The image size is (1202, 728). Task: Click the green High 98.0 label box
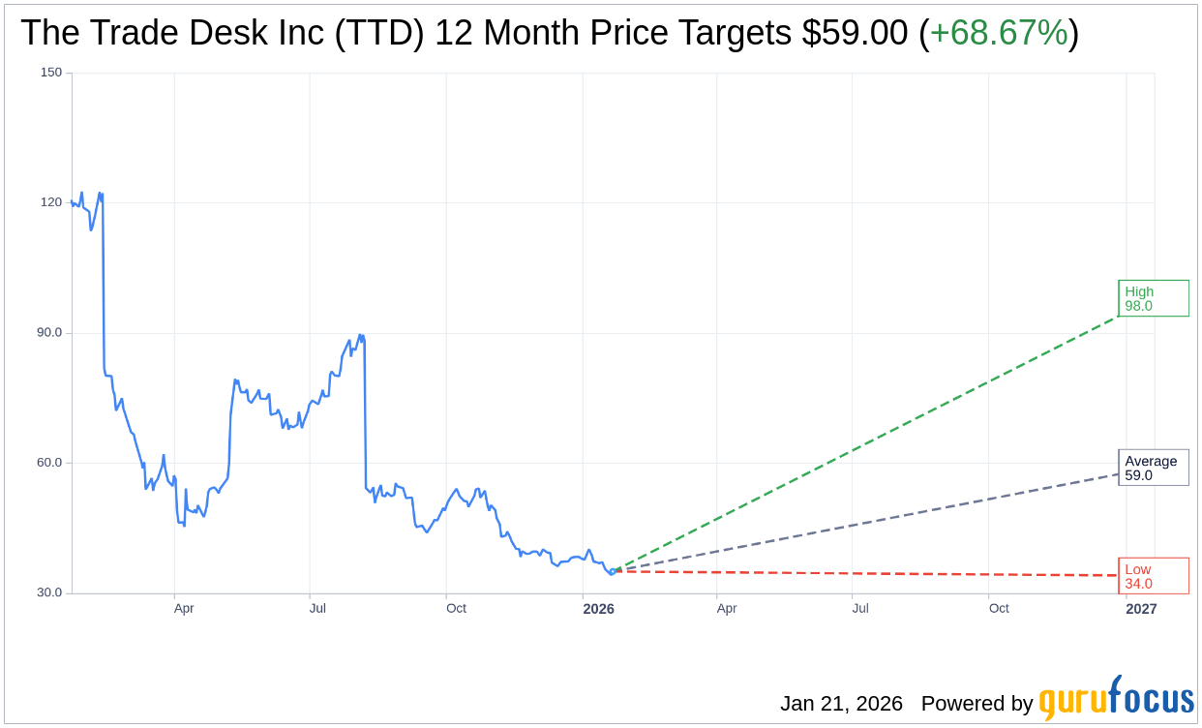(1153, 298)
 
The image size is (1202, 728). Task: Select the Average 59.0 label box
(1153, 468)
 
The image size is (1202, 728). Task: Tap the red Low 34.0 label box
(1153, 576)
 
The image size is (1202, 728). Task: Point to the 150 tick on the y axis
(51, 73)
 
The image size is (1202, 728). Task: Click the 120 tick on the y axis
(51, 202)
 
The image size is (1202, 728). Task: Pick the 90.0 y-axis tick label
(48, 332)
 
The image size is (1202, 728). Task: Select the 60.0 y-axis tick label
(48, 463)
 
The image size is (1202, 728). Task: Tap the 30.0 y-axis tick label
(48, 592)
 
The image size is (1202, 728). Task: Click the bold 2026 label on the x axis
(598, 609)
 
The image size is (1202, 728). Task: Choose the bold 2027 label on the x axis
(1141, 609)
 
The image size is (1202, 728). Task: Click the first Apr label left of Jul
(184, 609)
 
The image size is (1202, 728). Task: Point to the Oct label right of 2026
(999, 609)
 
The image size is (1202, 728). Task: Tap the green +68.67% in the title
(999, 34)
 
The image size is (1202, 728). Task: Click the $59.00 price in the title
(855, 34)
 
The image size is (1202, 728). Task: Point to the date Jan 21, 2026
(841, 704)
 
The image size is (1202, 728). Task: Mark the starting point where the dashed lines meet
(612, 571)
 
